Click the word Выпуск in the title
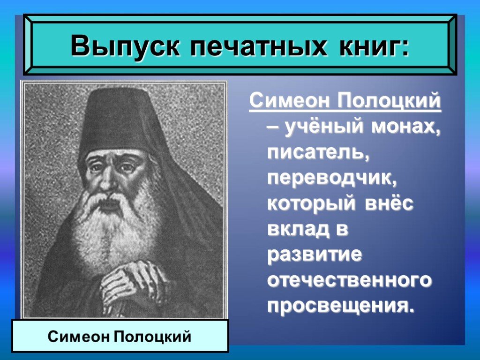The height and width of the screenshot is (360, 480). [125, 45]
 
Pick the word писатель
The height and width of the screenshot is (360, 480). [318, 152]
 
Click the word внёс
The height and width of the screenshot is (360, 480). [389, 202]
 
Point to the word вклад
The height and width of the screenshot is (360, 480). [298, 229]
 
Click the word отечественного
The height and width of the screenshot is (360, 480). [350, 280]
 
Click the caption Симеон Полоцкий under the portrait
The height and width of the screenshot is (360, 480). [120, 337]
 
